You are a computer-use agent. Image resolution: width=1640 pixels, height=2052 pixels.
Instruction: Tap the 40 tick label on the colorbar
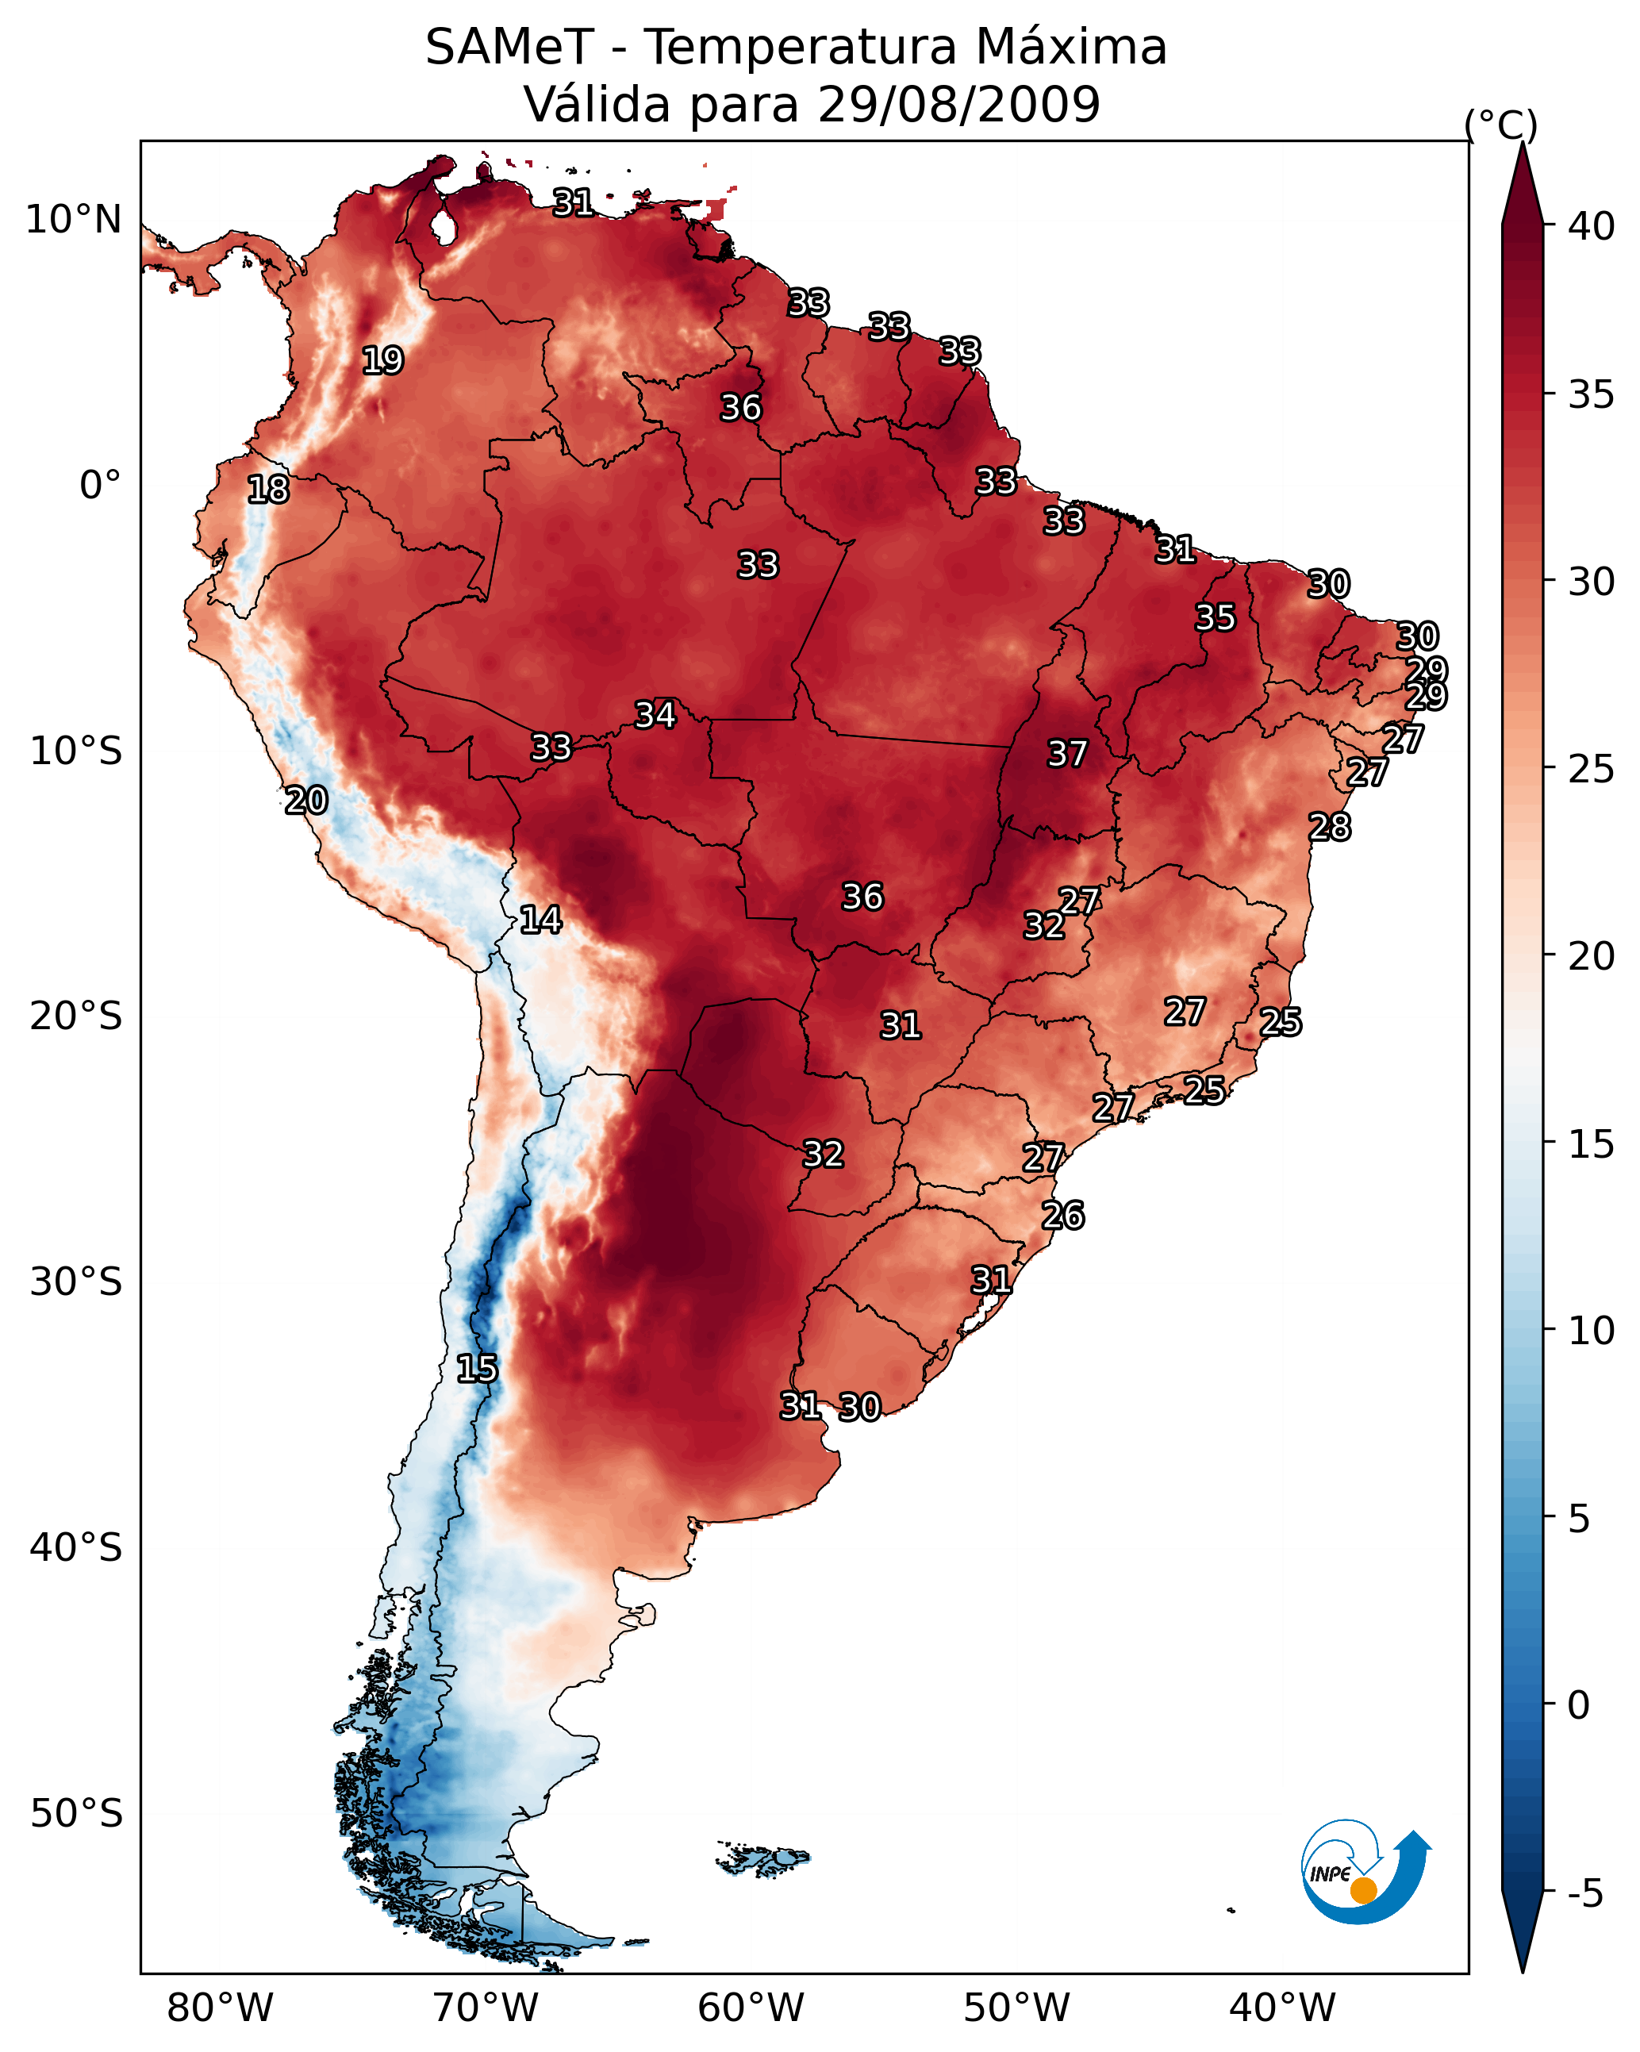point(1592,226)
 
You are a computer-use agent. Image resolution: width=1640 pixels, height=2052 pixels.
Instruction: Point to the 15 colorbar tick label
point(1592,1144)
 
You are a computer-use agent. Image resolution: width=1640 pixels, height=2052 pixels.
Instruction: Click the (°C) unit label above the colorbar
point(1501,125)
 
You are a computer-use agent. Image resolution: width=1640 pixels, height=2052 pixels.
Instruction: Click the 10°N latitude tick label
point(73,220)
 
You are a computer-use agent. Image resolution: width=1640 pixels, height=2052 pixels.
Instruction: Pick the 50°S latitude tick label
point(76,1814)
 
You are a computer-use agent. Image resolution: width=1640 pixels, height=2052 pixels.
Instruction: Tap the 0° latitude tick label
point(100,486)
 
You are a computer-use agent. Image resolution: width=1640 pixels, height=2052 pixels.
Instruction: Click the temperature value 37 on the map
point(1067,754)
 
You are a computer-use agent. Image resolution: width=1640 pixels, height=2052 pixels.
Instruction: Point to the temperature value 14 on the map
point(540,920)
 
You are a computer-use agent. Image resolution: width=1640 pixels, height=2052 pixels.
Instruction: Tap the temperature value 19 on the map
point(382,361)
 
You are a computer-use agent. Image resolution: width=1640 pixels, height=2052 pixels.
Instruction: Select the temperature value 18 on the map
point(267,490)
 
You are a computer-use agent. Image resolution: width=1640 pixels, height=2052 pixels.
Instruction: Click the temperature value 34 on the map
point(655,715)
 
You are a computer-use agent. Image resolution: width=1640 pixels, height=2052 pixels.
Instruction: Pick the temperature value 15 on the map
point(477,1369)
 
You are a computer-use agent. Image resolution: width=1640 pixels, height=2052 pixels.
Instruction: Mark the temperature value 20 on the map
point(306,801)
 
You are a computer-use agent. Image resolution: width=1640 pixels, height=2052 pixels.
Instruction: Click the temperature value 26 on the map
point(1063,1216)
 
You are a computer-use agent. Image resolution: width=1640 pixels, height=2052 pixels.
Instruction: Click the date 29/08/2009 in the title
point(958,105)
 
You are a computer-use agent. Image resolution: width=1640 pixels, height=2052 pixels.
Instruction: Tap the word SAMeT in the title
point(509,48)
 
